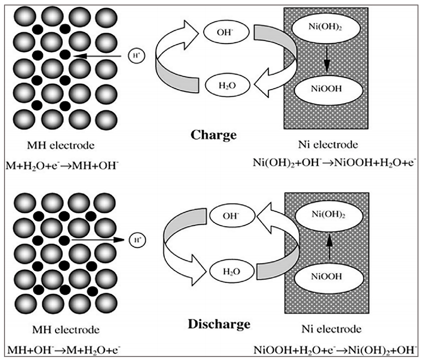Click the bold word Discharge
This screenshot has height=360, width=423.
coord(219,324)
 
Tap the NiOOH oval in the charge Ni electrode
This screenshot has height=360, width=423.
coord(326,90)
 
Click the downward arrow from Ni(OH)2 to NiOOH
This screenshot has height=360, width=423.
coord(326,60)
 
